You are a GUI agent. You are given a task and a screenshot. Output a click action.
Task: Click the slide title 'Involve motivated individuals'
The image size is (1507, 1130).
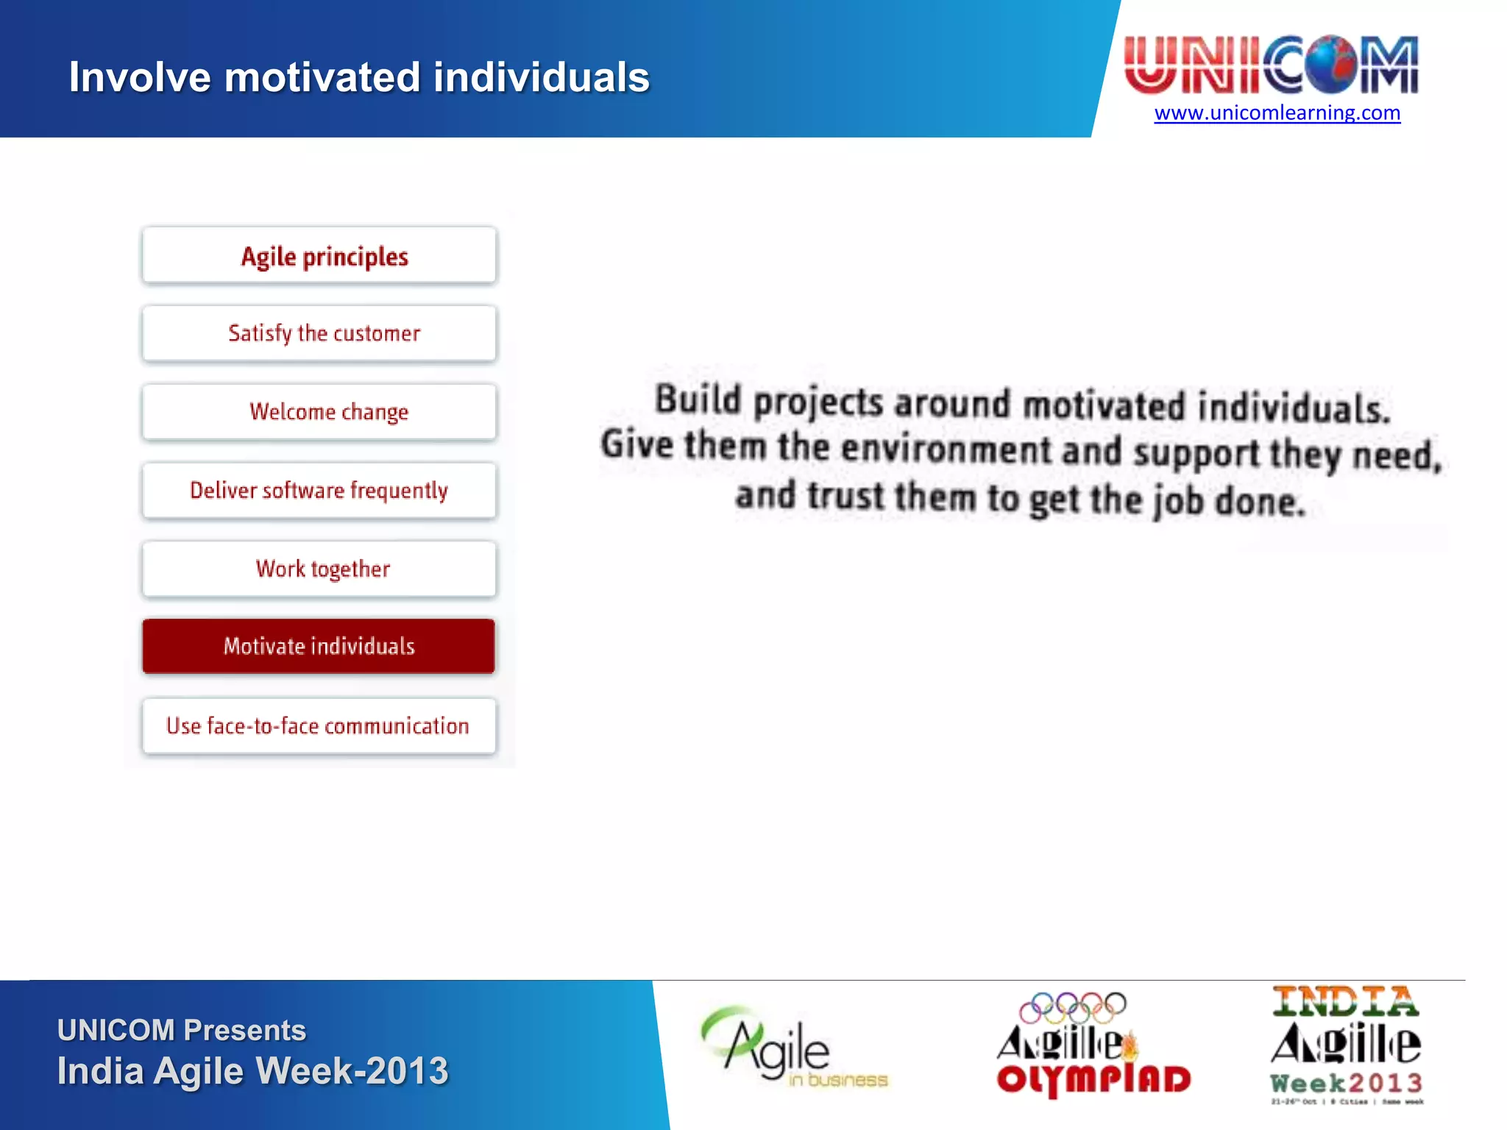click(x=359, y=77)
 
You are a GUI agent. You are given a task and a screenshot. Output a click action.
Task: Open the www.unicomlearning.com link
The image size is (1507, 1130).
click(x=1277, y=113)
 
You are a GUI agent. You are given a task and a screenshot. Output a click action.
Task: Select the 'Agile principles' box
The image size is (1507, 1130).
click(x=319, y=255)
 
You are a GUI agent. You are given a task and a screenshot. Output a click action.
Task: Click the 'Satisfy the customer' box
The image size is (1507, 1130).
click(x=319, y=333)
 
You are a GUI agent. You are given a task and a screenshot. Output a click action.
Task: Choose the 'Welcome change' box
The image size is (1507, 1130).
click(x=319, y=411)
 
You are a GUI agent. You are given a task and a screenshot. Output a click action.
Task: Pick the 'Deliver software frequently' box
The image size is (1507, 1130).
click(x=319, y=490)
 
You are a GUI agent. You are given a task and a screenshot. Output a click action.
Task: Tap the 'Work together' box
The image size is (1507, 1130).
click(x=319, y=569)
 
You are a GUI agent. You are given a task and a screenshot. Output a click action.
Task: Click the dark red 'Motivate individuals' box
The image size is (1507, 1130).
click(x=319, y=646)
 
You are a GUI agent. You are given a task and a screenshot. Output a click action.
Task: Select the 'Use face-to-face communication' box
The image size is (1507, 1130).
click(x=319, y=726)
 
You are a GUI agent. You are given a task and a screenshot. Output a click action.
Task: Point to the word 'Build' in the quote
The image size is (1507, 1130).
click(x=698, y=399)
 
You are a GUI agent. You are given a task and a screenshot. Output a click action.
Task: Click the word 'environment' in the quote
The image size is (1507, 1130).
click(x=946, y=449)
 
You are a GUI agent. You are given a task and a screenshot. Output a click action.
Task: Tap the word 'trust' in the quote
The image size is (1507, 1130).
click(x=846, y=496)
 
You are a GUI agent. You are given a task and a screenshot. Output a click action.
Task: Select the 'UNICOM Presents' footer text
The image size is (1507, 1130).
click(x=182, y=1030)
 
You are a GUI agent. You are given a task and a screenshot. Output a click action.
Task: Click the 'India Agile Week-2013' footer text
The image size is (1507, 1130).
click(x=252, y=1071)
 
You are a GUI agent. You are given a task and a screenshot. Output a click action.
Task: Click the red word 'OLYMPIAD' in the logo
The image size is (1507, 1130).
click(x=1093, y=1080)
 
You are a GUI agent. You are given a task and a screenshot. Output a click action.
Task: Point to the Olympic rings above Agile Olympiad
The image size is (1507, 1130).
click(x=1073, y=1007)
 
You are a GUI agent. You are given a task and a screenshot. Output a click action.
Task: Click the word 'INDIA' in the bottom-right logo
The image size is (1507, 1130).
click(x=1345, y=1002)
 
